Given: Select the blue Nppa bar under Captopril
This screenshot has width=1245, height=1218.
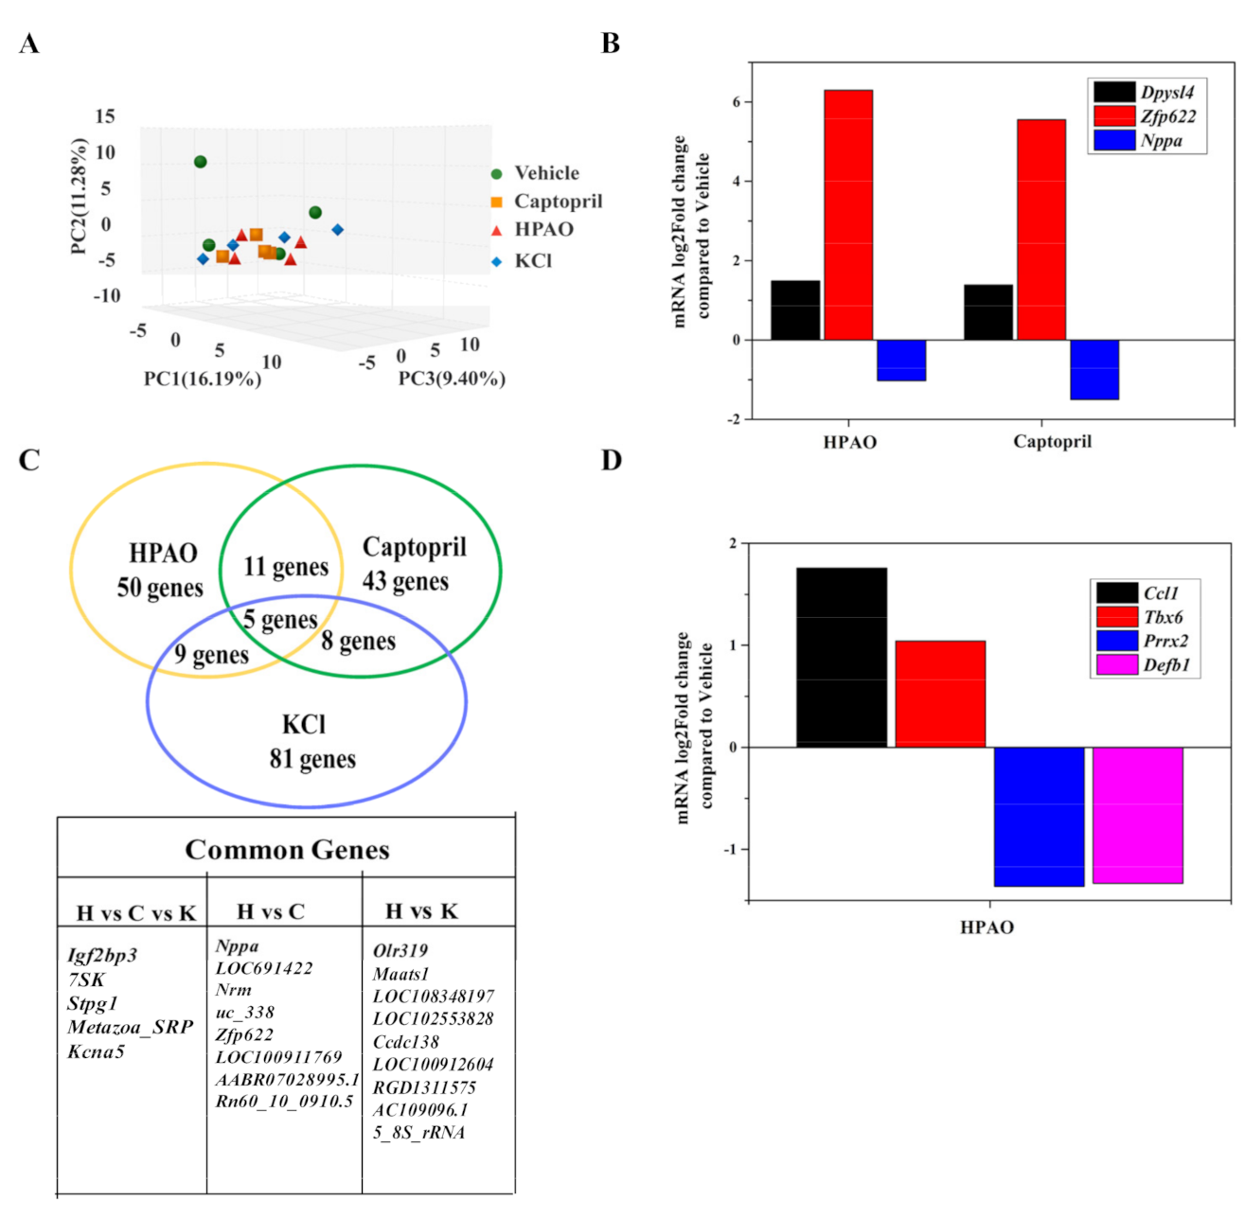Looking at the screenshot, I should tap(1094, 369).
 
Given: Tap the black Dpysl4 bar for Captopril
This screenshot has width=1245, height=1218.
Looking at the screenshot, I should tap(987, 312).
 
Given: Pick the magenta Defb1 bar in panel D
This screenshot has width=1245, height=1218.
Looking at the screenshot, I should tap(1137, 815).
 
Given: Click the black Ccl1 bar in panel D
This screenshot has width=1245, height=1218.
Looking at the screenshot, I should tap(841, 657).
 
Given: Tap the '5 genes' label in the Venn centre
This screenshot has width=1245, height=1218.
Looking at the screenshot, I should tap(279, 621).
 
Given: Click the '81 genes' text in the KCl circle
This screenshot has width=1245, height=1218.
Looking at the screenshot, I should tap(312, 759).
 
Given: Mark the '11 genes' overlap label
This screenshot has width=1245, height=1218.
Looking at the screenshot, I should tap(286, 567).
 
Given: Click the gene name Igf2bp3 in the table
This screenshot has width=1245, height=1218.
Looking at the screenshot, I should tap(102, 955).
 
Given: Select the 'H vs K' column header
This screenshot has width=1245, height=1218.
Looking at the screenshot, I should tap(421, 911).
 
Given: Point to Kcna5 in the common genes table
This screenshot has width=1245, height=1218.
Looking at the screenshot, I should tap(96, 1051).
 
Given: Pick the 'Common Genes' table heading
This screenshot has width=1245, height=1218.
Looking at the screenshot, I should tap(287, 850).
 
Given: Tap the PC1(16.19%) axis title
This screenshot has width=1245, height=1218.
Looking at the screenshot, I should tap(203, 380).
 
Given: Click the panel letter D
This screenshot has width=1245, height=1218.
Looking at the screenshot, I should tap(612, 461).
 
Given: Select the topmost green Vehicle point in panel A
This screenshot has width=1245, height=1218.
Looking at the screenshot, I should tap(200, 162).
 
